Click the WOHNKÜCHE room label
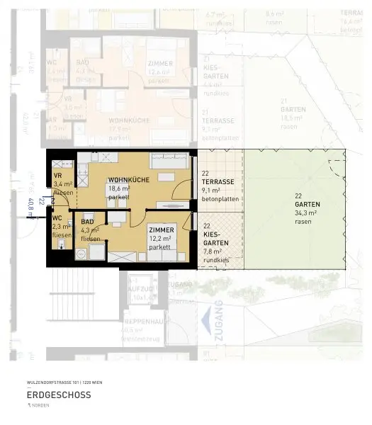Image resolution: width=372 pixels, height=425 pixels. coord(128,181)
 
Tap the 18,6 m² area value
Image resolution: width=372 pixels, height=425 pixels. coord(118,189)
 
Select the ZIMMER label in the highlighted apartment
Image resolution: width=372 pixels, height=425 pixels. coord(161,231)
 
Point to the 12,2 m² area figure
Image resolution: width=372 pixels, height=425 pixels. coord(159,239)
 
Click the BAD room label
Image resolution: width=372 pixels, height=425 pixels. coord(87,222)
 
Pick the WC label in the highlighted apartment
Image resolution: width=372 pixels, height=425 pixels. coord(57,218)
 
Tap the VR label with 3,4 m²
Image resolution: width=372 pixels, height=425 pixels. coord(58,176)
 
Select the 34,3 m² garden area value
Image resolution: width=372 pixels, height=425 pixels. coord(305,213)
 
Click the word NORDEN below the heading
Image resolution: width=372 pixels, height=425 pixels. coord(40,405)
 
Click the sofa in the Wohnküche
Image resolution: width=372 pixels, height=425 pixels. coord(169,161)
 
